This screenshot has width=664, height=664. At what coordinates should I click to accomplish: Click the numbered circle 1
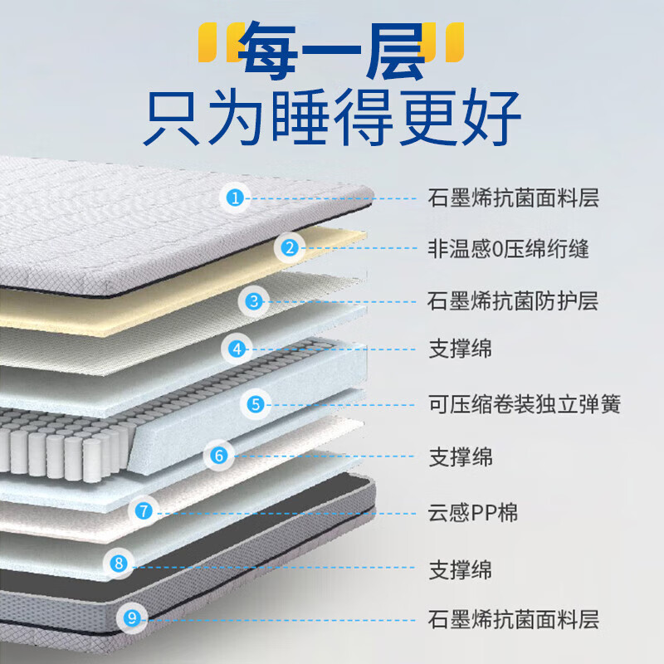point(237,198)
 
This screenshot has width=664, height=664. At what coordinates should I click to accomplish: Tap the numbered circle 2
point(290,247)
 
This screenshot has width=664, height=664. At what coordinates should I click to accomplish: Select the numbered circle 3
point(254,301)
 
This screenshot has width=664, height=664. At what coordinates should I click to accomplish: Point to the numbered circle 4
point(237,349)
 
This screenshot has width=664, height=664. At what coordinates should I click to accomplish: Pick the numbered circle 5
point(256,404)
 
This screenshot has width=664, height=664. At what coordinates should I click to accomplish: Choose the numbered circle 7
point(144,511)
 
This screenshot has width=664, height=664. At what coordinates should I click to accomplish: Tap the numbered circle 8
point(119,564)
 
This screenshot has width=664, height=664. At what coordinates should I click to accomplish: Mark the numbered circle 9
point(132,618)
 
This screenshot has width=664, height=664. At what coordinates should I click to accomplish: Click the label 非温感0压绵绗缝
point(508,247)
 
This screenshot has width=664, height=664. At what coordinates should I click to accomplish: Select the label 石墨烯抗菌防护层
point(513,300)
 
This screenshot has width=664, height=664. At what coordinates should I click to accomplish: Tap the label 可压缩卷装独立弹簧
point(524,404)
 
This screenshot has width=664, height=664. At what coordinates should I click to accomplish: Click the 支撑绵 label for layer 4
point(460,349)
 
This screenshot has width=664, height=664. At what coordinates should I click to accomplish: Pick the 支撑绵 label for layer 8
point(460,570)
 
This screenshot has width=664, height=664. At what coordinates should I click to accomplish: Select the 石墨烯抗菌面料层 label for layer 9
point(513,619)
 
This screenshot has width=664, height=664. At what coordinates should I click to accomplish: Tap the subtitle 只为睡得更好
point(332,119)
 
